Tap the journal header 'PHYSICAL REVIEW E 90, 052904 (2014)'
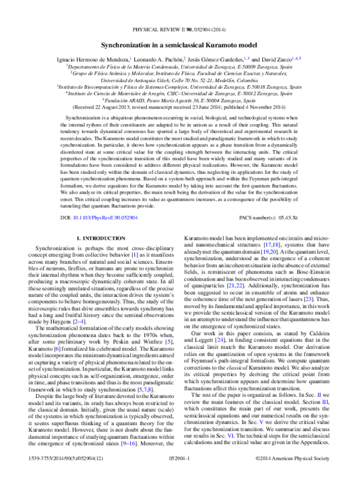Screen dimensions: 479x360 tap(180, 29)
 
